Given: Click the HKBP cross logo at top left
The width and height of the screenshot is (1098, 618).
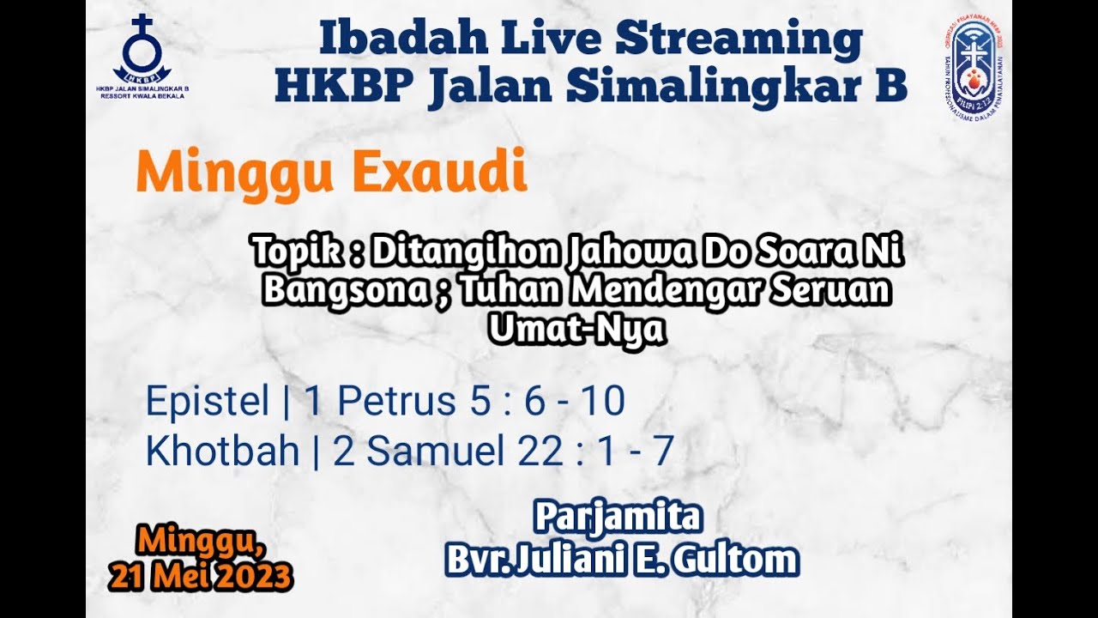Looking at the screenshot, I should pyautogui.click(x=142, y=50).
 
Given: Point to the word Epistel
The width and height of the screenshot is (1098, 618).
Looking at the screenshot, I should pyautogui.click(x=208, y=402).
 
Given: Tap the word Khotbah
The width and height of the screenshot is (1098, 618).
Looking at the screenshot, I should pyautogui.click(x=222, y=452).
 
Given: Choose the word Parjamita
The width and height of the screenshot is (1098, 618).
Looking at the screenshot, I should pyautogui.click(x=619, y=518).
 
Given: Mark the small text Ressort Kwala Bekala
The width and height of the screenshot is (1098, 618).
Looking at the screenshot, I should pyautogui.click(x=142, y=96).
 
